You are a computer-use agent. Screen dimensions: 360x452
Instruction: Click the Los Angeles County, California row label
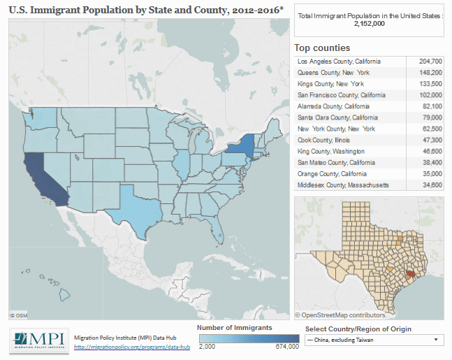339,62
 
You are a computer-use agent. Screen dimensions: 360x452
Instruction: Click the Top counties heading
322,48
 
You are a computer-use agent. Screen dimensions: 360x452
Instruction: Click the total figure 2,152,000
370,23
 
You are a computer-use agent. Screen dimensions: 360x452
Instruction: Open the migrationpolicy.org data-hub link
132,347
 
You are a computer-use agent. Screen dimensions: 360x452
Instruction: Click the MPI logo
38,340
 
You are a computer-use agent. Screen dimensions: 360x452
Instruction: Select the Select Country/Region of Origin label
358,329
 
